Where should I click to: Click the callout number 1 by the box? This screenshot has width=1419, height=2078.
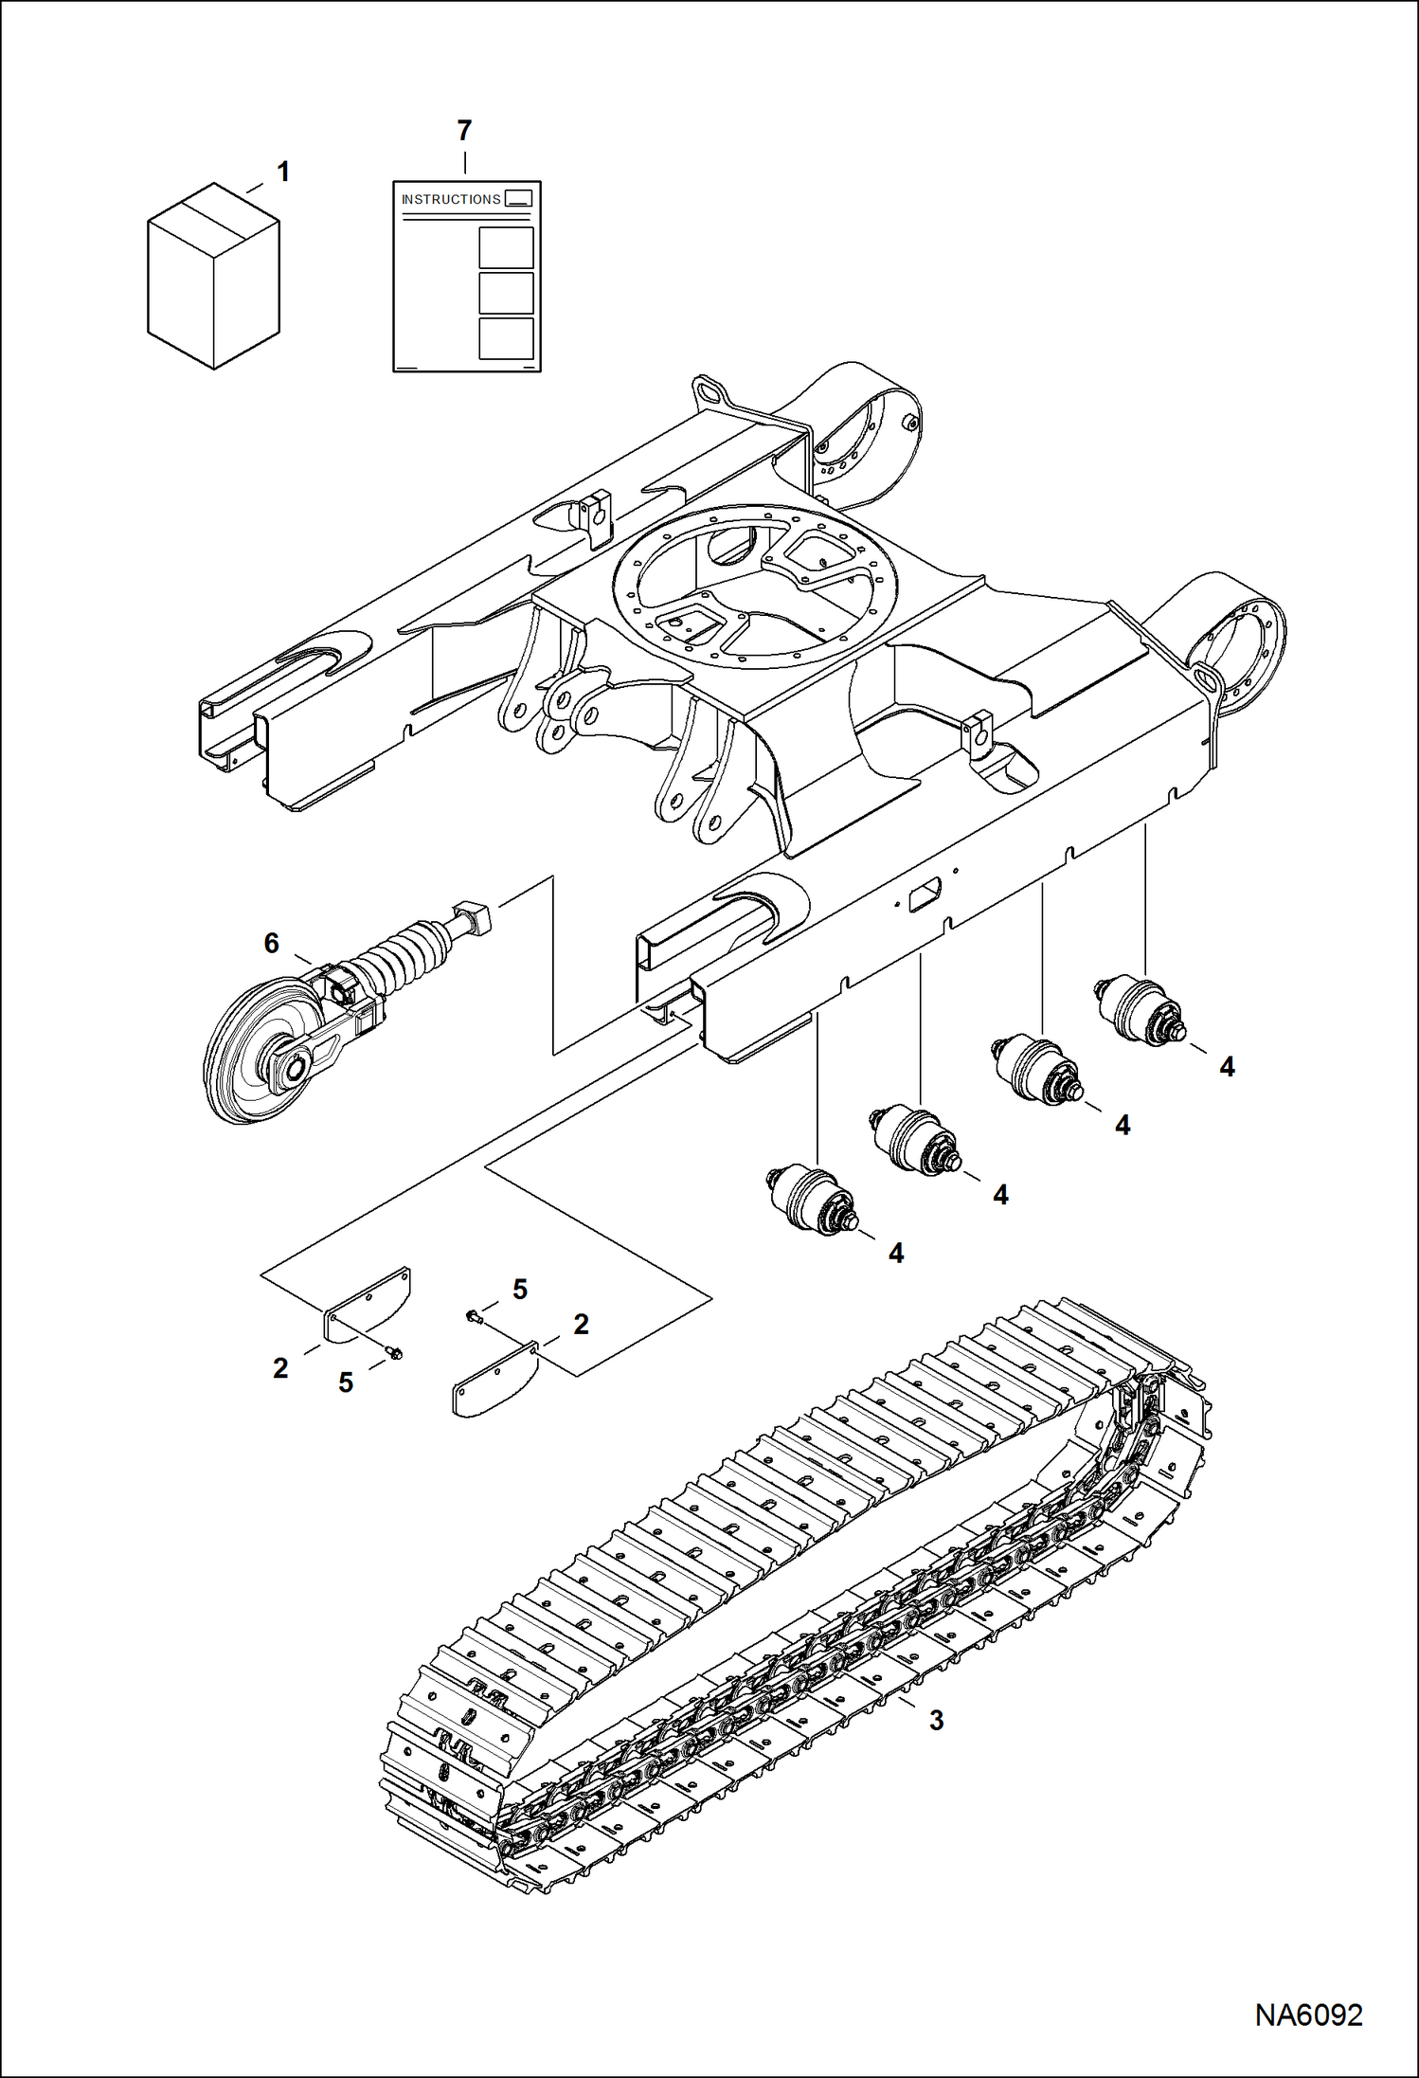[282, 172]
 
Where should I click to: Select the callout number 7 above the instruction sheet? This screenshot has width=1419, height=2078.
[464, 131]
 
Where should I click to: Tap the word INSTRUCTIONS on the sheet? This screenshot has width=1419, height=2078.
[451, 200]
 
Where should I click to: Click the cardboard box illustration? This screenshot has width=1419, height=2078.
[213, 277]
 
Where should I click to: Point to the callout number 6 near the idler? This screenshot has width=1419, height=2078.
[272, 943]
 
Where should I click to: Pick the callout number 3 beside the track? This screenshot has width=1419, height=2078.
[936, 1720]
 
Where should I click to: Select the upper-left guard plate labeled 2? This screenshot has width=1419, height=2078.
[368, 1304]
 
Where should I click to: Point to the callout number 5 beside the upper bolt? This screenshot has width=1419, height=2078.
[520, 1290]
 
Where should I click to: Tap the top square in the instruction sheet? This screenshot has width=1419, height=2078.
[506, 247]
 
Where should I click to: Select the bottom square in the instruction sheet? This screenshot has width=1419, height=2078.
[506, 338]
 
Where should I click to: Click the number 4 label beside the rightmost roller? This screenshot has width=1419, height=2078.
[1227, 1067]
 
